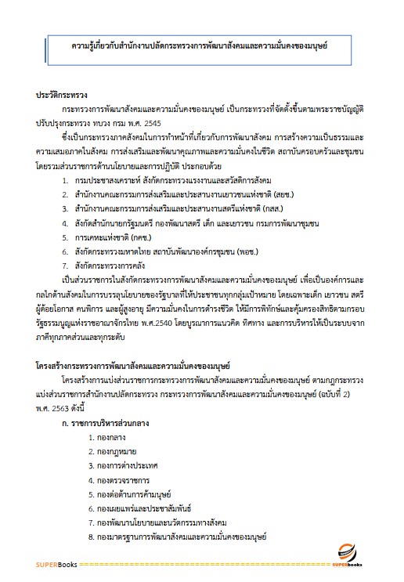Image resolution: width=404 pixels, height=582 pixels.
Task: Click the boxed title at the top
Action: (x=200, y=45)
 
